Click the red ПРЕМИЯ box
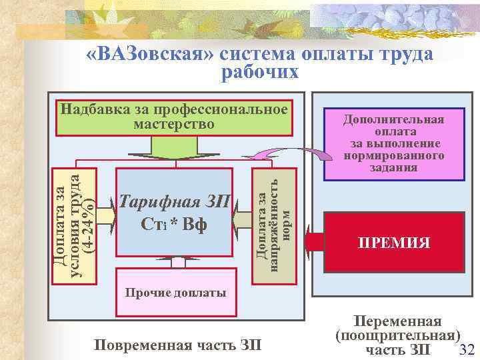click(393, 243)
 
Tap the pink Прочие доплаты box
click(176, 292)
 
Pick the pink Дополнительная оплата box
click(393, 144)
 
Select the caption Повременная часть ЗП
click(178, 345)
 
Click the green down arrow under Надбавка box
click(175, 145)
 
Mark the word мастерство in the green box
click(174, 124)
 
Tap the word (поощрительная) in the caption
click(398, 335)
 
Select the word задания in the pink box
click(393, 167)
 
